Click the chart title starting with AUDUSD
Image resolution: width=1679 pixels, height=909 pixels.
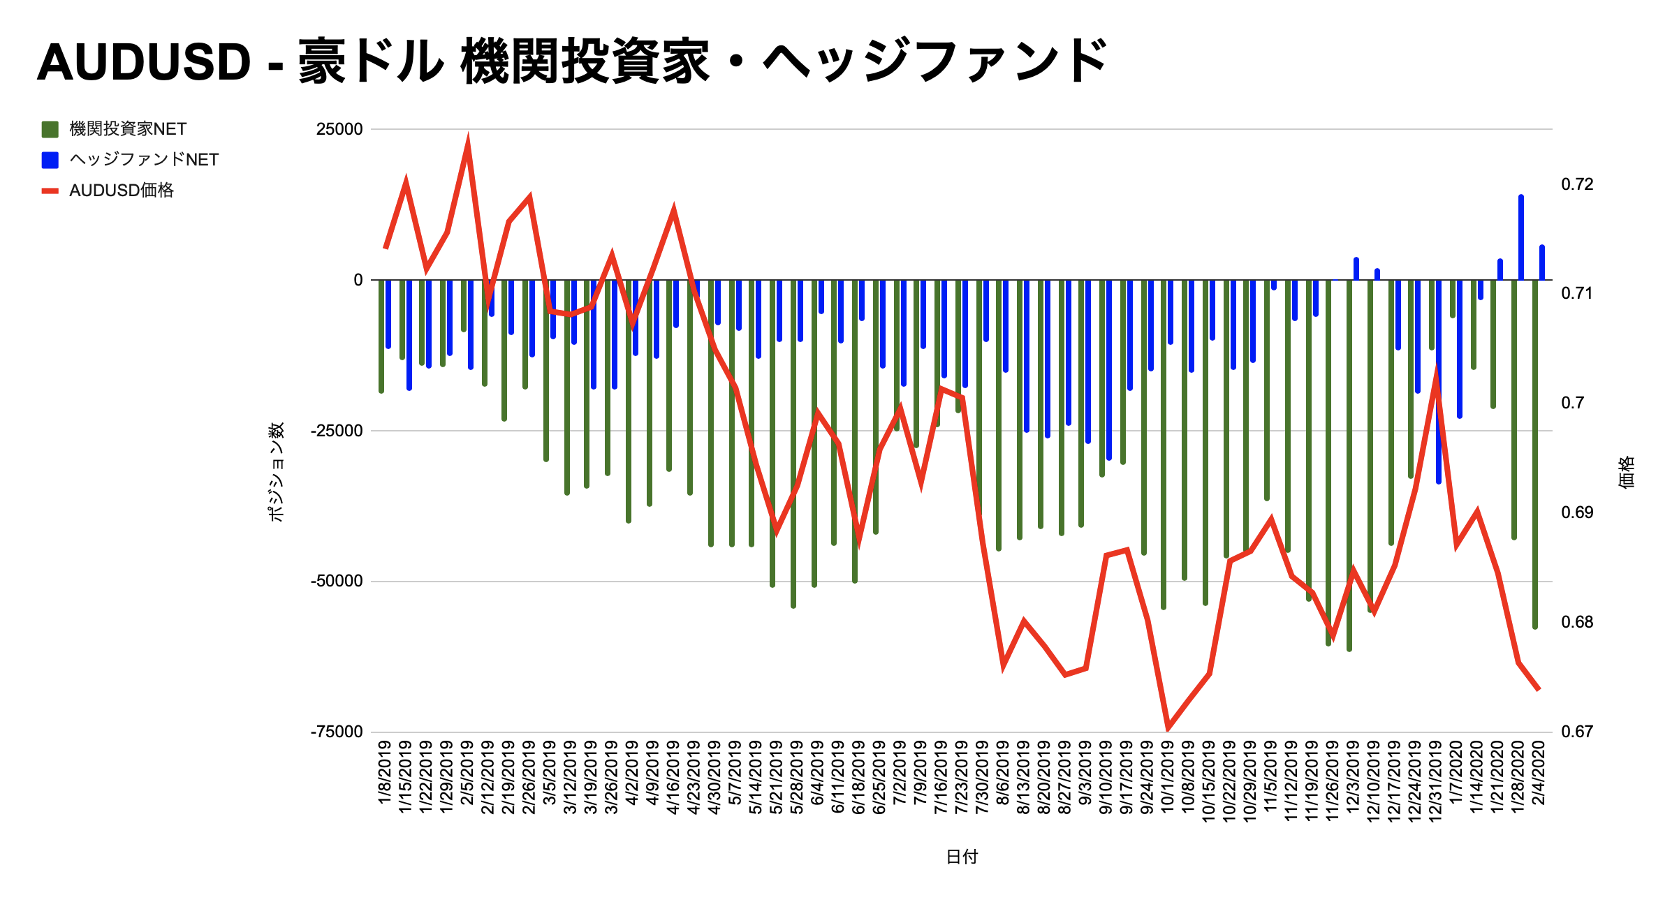(571, 61)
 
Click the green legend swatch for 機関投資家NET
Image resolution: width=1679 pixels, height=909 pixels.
(50, 129)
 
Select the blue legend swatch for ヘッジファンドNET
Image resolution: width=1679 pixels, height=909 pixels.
(50, 160)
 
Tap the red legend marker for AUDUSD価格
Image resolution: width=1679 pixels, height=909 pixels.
(50, 191)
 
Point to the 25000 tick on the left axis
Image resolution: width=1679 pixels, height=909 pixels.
(339, 129)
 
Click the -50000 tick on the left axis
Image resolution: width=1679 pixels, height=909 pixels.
(337, 581)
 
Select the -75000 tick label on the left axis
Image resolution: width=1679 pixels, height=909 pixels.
(337, 732)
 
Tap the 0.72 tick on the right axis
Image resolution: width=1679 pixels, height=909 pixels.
(1577, 184)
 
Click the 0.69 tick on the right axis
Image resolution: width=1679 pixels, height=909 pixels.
(1577, 512)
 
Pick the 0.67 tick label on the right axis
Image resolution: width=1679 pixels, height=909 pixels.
(1577, 732)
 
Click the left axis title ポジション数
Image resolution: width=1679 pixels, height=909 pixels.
(277, 472)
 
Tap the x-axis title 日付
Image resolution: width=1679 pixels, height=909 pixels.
(962, 857)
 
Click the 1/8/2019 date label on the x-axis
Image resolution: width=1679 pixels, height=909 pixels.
(385, 773)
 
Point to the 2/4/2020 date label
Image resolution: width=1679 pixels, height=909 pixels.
(1538, 773)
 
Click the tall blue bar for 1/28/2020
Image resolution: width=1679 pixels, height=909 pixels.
(1520, 237)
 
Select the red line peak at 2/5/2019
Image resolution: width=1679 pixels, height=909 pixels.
(467, 142)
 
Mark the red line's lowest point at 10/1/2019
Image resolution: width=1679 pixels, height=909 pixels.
(1168, 727)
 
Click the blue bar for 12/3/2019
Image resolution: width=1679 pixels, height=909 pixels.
(1356, 269)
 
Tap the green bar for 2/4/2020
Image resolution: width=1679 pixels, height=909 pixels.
(1534, 454)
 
